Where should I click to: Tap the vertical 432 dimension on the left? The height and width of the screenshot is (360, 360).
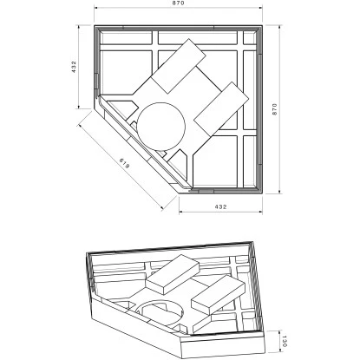(x=75, y=68)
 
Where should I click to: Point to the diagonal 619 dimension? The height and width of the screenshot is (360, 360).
(x=121, y=162)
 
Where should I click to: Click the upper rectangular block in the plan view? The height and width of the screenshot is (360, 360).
(x=180, y=68)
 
